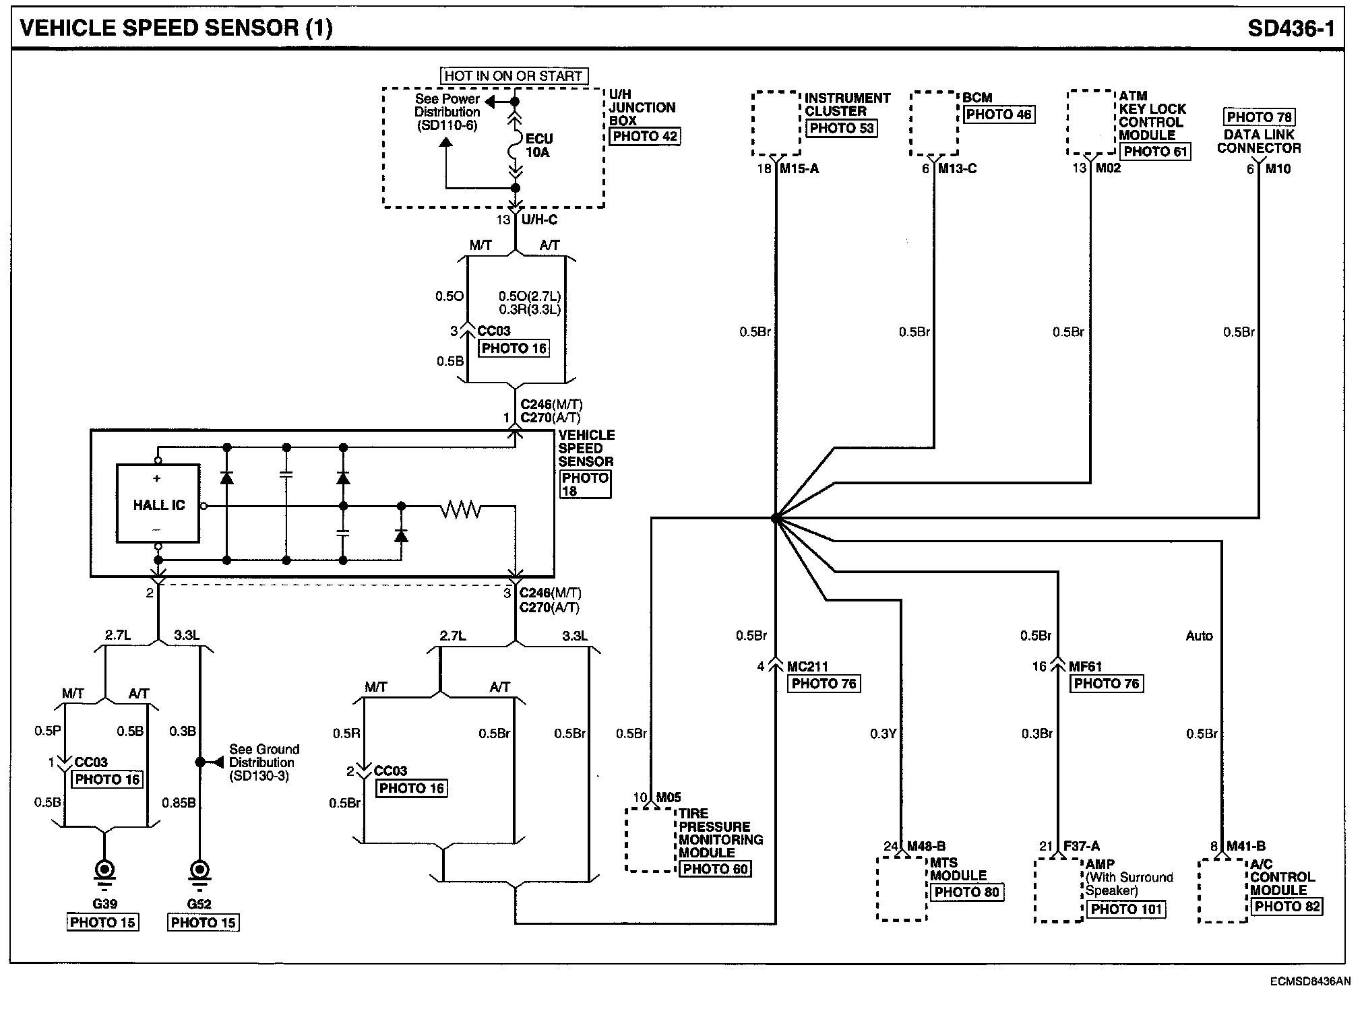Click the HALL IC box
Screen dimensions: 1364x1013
coord(158,503)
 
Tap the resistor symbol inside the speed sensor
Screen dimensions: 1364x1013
coord(461,510)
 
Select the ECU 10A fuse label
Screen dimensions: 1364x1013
coord(539,145)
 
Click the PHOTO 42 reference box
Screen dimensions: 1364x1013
coord(645,136)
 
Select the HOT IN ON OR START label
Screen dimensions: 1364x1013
coord(514,76)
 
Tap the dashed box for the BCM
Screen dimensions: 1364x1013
coord(934,124)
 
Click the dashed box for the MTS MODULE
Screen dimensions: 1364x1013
coord(902,888)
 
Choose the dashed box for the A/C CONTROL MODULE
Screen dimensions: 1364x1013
coord(1223,890)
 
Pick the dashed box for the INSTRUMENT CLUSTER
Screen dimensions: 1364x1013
coord(776,124)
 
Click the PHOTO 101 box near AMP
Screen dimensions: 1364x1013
coord(1127,909)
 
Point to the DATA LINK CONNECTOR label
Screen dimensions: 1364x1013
coord(1259,141)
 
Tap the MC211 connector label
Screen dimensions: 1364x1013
coord(807,667)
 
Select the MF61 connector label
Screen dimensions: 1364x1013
coord(1085,667)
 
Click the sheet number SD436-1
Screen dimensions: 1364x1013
coord(1291,28)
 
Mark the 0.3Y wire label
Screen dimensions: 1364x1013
coord(883,734)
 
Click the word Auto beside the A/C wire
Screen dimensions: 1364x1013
coord(1199,636)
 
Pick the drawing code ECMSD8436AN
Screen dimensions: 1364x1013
coord(1310,981)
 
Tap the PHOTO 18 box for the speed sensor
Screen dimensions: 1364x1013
coord(585,484)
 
